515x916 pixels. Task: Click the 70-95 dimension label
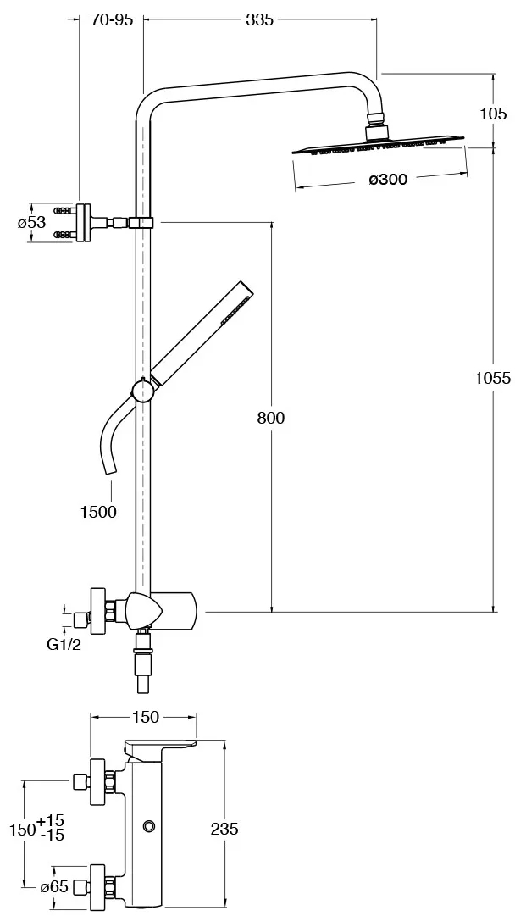pos(112,19)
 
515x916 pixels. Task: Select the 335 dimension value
pos(259,19)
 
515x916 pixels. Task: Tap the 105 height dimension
pos(494,114)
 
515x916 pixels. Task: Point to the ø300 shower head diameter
pos(388,180)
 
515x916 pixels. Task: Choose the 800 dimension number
pos(271,419)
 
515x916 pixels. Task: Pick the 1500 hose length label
pos(98,513)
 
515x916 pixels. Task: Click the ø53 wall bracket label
pos(31,223)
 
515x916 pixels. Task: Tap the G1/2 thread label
pos(64,645)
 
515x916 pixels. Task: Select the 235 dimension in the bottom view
pos(224,829)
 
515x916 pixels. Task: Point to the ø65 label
pos(54,887)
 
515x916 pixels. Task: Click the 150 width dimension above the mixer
pos(146,717)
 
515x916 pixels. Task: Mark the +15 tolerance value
pos(51,821)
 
